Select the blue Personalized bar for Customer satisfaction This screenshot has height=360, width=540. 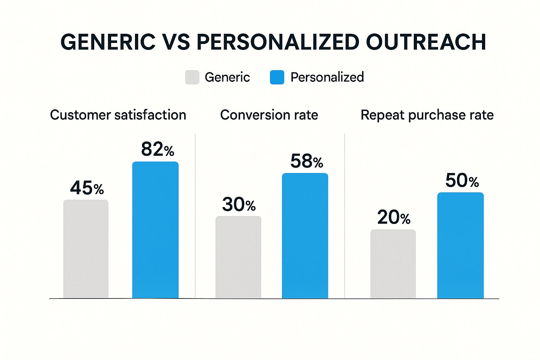[x=155, y=230]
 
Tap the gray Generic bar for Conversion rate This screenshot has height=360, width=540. [x=238, y=257]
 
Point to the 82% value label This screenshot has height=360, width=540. [x=157, y=149]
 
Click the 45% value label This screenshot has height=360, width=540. [x=87, y=188]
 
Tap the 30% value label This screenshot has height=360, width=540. [x=239, y=205]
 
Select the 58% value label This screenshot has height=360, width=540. [x=307, y=161]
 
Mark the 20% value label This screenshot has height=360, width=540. [x=394, y=218]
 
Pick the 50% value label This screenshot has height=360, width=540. [x=462, y=181]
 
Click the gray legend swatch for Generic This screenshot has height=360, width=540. [x=192, y=77]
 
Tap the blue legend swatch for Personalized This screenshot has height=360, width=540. [x=277, y=77]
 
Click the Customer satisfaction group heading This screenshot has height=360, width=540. [x=118, y=115]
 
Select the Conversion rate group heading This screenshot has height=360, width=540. [x=269, y=115]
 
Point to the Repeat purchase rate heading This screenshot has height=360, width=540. [x=427, y=115]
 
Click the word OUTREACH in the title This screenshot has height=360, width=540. [x=426, y=42]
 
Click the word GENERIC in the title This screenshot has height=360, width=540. [x=108, y=42]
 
